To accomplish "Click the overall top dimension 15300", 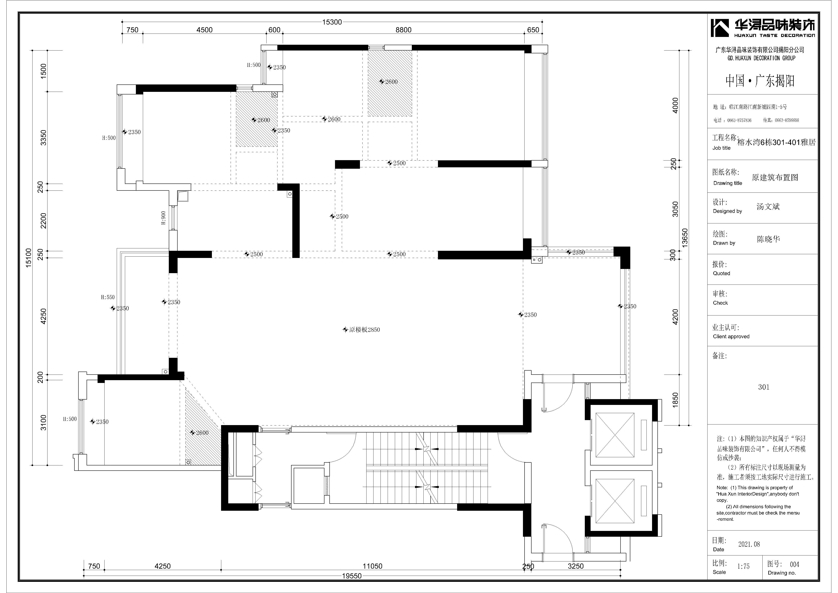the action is [332, 22].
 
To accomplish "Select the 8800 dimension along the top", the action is [403, 30].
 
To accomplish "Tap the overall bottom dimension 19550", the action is [352, 576].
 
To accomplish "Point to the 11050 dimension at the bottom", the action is [372, 566].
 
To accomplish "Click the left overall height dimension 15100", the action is [29, 258].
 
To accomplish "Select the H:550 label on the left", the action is [108, 297].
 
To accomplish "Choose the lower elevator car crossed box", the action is [615, 500].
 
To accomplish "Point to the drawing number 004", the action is [795, 564].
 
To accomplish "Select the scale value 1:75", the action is [743, 566].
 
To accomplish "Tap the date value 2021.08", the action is [749, 544].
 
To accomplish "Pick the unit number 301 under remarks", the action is [764, 387].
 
